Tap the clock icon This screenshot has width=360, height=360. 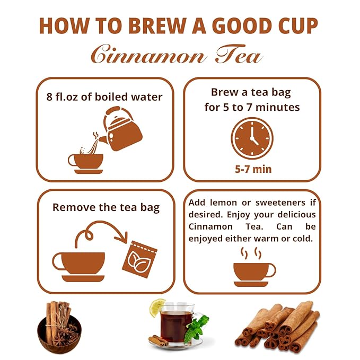click(x=252, y=138)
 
